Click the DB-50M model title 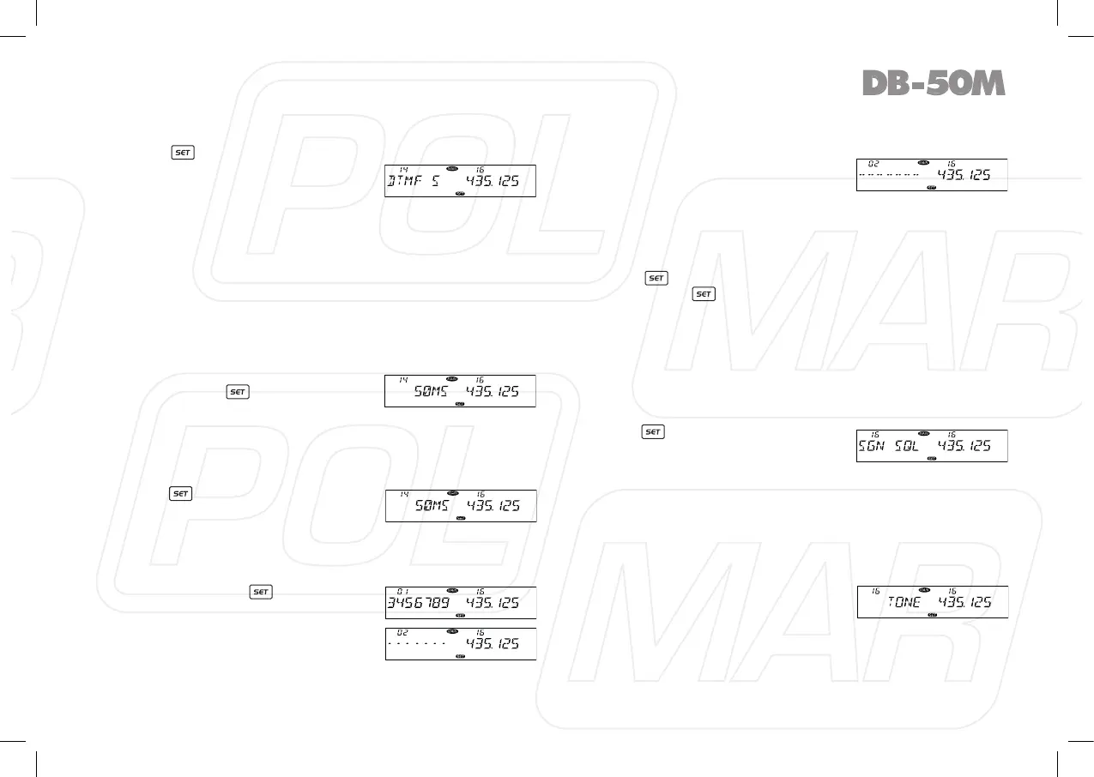(933, 83)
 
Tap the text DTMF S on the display (414, 182)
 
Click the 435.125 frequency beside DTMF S (492, 182)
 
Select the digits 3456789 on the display (418, 603)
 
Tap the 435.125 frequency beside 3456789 (492, 603)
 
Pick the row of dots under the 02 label (417, 643)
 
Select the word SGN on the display (873, 446)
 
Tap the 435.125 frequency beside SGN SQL (963, 446)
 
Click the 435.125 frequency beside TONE (963, 602)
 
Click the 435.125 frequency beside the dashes (963, 175)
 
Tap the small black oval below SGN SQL (932, 458)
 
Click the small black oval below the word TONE (932, 614)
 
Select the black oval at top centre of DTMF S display (452, 168)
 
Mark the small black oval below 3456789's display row (460, 615)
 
